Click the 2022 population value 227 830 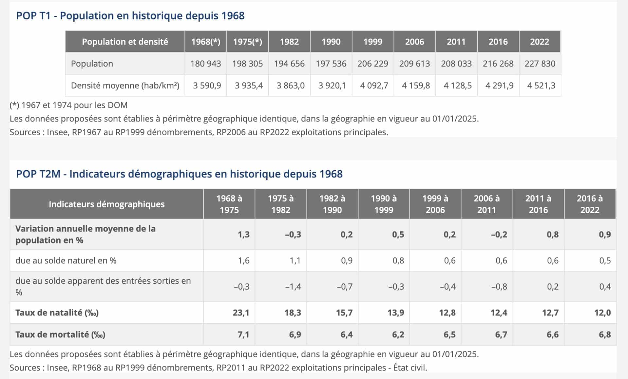[x=540, y=63]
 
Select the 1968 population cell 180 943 [x=205, y=63]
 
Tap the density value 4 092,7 [x=374, y=85]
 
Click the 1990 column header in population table [x=331, y=42]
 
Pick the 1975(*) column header [x=247, y=42]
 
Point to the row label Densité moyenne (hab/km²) [x=125, y=85]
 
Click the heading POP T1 [x=130, y=15]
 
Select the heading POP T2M [x=179, y=174]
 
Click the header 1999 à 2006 [x=435, y=204]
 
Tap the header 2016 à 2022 [x=590, y=204]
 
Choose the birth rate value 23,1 [x=241, y=313]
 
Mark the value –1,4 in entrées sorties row [x=293, y=287]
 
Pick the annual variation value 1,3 [x=243, y=234]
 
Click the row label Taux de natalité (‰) [x=57, y=313]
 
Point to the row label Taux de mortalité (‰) [x=60, y=334]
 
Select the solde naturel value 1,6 [x=243, y=261]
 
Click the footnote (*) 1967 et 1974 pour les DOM [x=68, y=105]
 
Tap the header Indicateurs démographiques [x=107, y=204]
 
